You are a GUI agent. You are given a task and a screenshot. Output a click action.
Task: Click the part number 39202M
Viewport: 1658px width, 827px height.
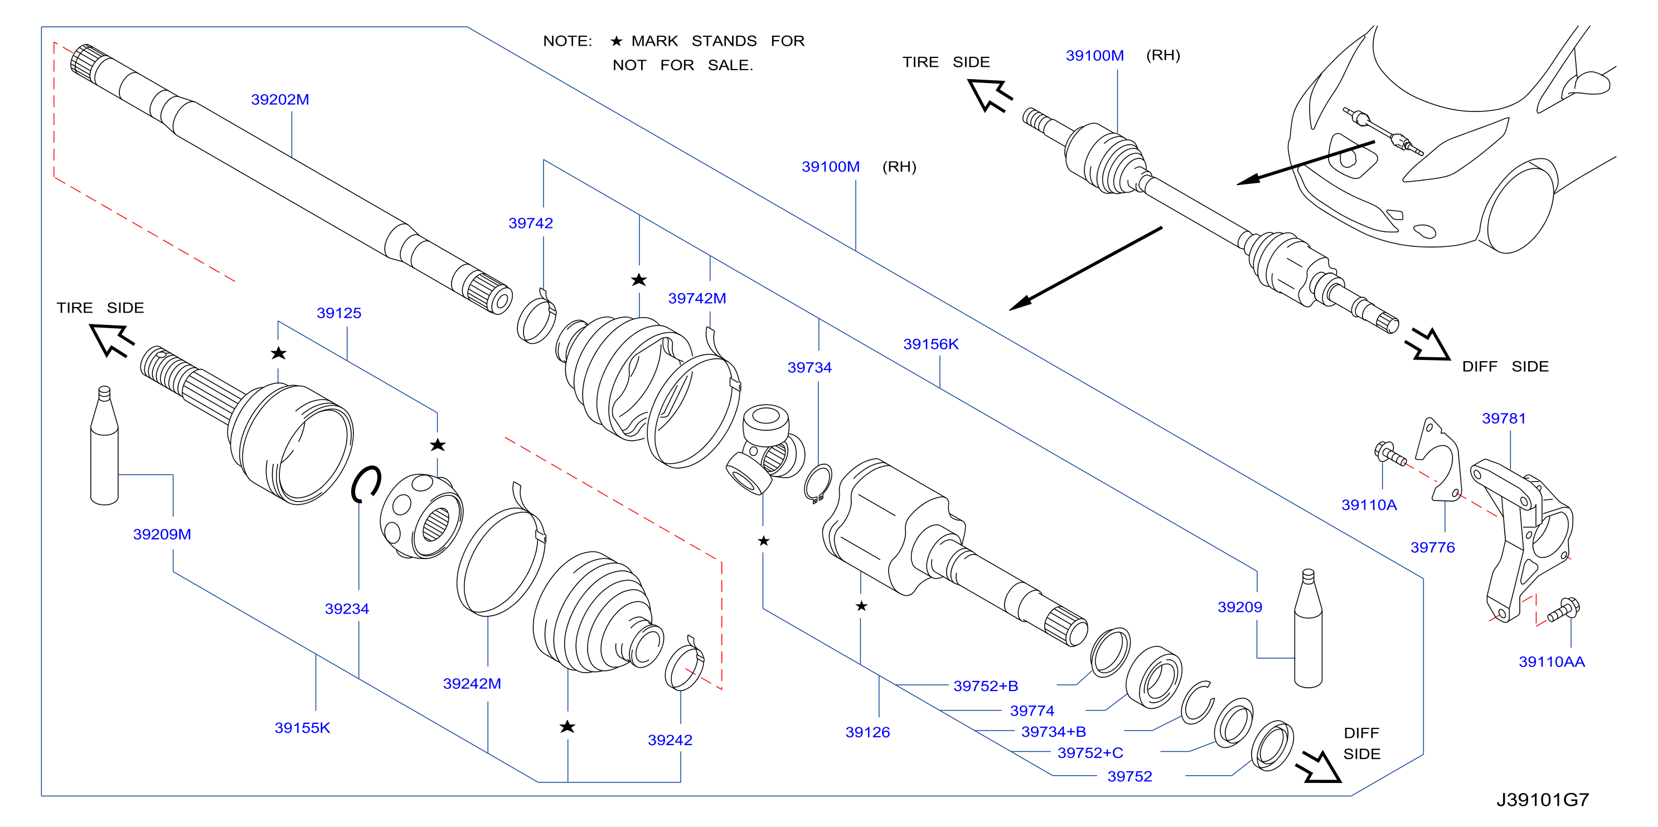coord(280,100)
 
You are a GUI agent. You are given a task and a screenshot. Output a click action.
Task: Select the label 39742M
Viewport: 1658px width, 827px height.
coord(697,299)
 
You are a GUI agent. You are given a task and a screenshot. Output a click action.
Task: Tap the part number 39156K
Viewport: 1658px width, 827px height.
coord(930,344)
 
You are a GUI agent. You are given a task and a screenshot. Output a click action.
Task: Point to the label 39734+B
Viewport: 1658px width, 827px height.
coord(1054,732)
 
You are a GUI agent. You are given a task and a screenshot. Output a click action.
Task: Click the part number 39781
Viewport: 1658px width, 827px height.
coord(1504,419)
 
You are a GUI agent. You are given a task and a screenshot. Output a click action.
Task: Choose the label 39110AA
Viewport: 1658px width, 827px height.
coord(1552,661)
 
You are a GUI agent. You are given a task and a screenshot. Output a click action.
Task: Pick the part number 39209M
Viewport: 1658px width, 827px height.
coord(162,534)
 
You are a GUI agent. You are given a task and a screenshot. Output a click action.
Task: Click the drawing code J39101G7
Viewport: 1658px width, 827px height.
coord(1542,800)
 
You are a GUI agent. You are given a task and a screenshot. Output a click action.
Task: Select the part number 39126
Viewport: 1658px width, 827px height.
coord(867,732)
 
